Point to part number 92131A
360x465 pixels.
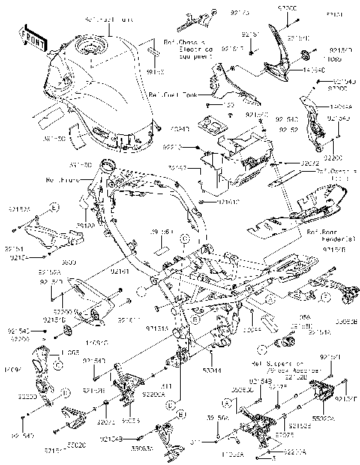156,328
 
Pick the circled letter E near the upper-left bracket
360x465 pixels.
55,205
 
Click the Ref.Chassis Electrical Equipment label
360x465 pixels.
178,49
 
